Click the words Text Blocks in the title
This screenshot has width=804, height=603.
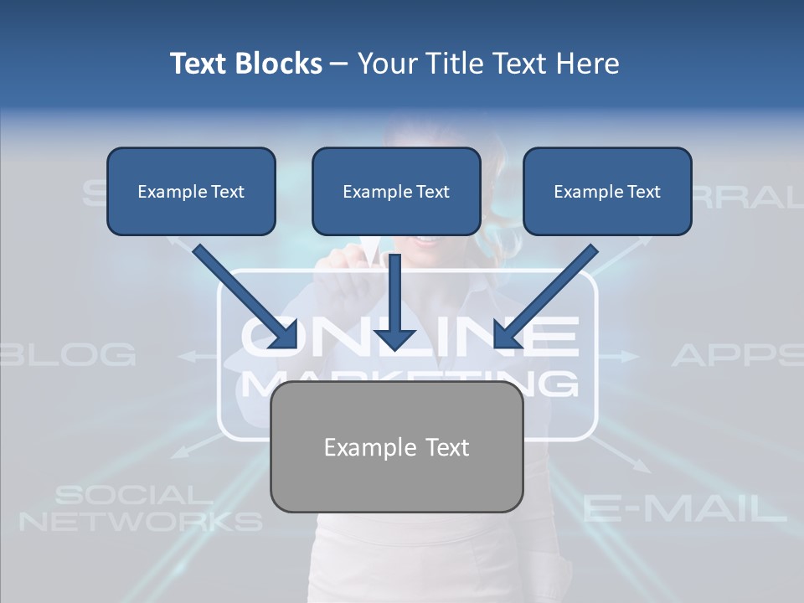[x=245, y=64]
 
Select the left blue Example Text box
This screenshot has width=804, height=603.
[x=191, y=191]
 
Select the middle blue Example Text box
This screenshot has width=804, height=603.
[x=396, y=191]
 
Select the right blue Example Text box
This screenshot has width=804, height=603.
[x=607, y=191]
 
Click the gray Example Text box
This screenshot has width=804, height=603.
[x=396, y=446]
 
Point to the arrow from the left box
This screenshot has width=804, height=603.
[x=245, y=296]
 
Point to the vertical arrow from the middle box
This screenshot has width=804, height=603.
[x=394, y=301]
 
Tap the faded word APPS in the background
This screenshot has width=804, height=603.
[x=737, y=354]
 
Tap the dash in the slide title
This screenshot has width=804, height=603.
[x=339, y=64]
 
